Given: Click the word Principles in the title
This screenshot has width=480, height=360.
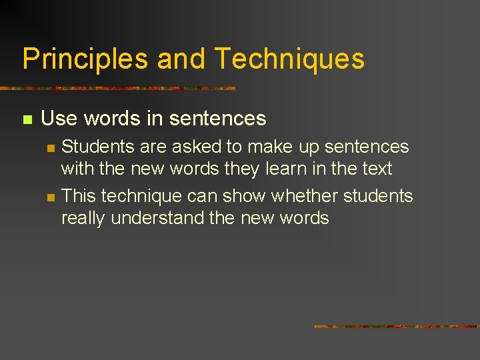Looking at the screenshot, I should point(85,59).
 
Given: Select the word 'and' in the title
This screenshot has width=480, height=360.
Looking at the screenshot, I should point(181,59).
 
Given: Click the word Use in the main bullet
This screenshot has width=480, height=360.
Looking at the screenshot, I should point(59,119).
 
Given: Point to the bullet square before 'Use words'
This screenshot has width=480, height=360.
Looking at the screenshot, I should point(27,120).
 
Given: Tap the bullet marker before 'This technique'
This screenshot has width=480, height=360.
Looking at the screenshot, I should point(49,197).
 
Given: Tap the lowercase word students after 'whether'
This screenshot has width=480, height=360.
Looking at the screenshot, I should point(378,196).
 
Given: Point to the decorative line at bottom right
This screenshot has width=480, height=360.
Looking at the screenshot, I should point(397,327).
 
